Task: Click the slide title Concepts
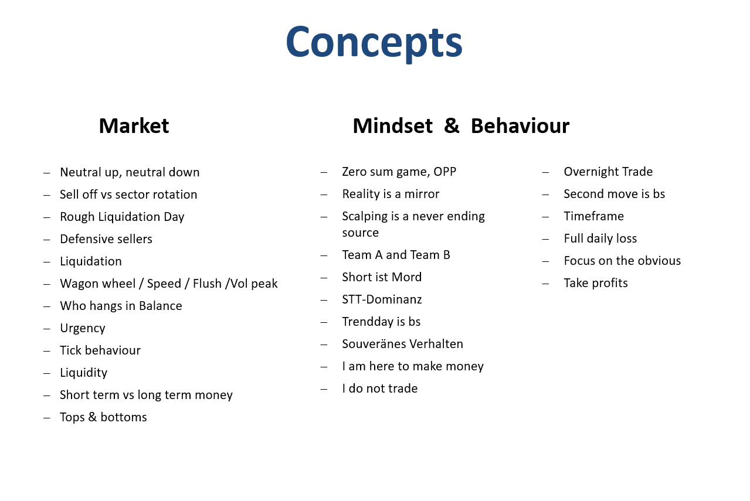click(374, 43)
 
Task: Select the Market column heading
click(134, 126)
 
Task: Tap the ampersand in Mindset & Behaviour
click(452, 126)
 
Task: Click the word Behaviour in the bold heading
click(520, 126)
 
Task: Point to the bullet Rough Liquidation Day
click(122, 217)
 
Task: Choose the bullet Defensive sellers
click(106, 239)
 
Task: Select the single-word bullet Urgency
click(82, 328)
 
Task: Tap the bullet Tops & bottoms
click(103, 417)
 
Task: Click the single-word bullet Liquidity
click(83, 373)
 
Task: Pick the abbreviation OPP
click(444, 172)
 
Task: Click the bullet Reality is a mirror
click(391, 194)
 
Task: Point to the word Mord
click(406, 277)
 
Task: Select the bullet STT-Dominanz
click(382, 299)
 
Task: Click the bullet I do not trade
click(379, 388)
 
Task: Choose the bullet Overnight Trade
click(608, 172)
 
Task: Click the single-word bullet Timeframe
click(593, 216)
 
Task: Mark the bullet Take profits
click(596, 284)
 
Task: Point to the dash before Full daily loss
click(545, 239)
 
